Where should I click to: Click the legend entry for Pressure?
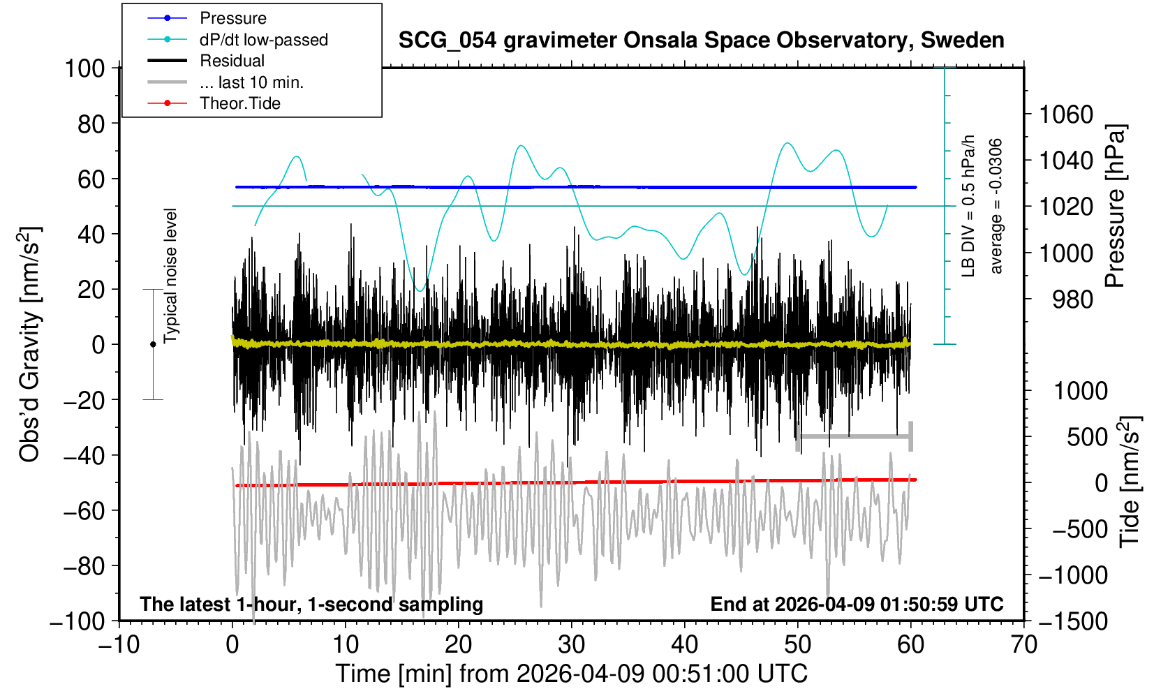(232, 18)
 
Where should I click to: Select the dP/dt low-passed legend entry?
(263, 40)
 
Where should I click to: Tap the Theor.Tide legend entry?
(239, 103)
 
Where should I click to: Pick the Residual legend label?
(232, 61)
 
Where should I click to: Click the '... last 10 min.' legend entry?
(251, 82)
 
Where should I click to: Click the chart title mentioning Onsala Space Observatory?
(701, 40)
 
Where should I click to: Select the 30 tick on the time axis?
(572, 644)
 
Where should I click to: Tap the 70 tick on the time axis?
(1023, 644)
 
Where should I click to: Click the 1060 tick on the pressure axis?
(1066, 114)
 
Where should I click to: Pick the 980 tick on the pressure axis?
(1073, 299)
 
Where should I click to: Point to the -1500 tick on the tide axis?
(1073, 621)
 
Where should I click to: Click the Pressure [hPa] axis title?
(1115, 207)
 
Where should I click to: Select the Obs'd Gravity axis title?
(29, 344)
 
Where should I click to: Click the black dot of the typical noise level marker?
(153, 344)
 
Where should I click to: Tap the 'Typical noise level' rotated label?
(170, 276)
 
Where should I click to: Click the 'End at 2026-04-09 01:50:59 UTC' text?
(857, 604)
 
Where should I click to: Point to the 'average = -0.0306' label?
(996, 206)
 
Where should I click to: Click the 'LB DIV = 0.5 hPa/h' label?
(968, 206)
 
